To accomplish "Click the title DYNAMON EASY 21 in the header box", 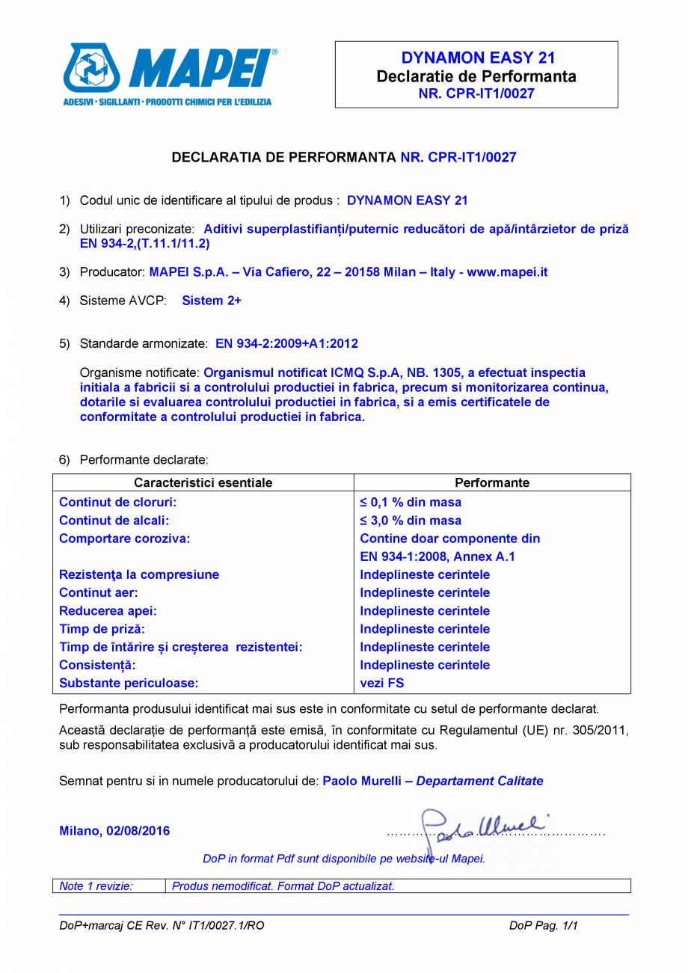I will pos(476,58).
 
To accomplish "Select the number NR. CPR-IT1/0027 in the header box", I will pos(476,93).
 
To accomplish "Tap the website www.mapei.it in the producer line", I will pos(507,272).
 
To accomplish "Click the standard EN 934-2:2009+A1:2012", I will pos(286,344).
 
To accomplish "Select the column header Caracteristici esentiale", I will pos(203,483).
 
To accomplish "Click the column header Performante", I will pos(491,483).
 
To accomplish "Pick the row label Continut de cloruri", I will pos(117,503).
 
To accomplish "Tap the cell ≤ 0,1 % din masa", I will pos(411,503).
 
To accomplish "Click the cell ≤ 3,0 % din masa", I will pos(411,521).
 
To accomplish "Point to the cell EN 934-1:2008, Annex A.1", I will pos(437,556).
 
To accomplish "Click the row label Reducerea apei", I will pos(108,611).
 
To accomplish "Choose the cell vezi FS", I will pos(382,683).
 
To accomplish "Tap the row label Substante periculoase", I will pos(129,683).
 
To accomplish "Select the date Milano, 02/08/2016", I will pos(114,831).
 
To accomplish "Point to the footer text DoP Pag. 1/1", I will pos(544,926).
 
